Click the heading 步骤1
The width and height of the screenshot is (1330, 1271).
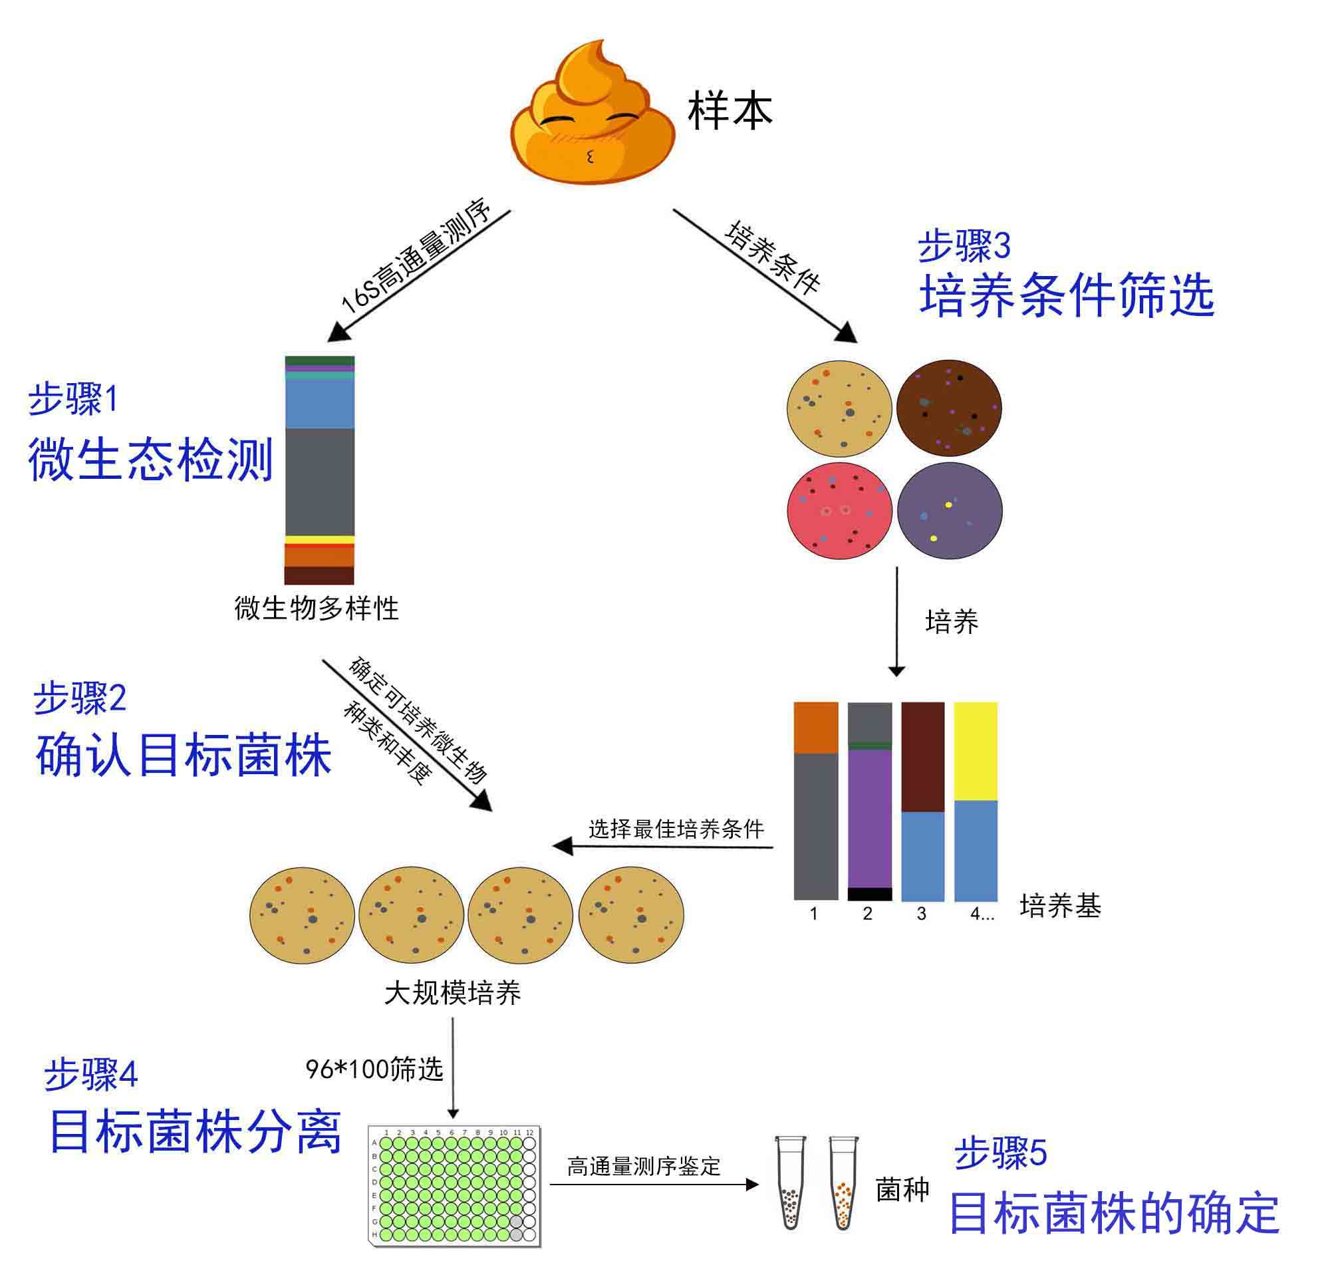pos(73,398)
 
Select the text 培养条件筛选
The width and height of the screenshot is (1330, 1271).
pos(1067,295)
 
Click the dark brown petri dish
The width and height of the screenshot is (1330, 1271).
pos(948,408)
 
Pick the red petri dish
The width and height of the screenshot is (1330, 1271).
pos(839,511)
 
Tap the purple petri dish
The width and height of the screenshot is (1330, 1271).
pos(949,511)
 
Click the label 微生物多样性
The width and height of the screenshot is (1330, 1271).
pos(317,609)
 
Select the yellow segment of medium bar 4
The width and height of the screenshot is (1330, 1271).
pos(976,751)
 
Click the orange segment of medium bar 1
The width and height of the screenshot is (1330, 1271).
pos(816,728)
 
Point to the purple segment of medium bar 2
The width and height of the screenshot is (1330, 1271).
pos(870,819)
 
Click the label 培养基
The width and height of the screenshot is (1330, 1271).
pos(1060,905)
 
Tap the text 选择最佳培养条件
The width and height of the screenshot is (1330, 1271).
pos(676,829)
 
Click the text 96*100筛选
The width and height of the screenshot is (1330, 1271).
pos(374,1069)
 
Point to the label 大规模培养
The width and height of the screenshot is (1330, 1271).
pos(453,993)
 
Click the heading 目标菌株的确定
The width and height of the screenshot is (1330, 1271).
pos(1114,1213)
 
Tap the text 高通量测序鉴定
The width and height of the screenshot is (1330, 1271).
pos(644,1166)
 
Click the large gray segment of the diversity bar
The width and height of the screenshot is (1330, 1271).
pos(320,482)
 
